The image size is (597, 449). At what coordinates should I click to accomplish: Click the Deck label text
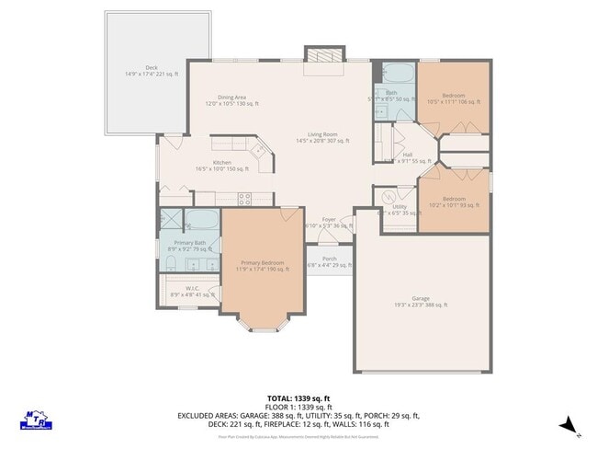click(152, 70)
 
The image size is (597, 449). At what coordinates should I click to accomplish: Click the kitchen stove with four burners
click(245, 197)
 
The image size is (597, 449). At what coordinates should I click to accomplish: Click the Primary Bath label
click(191, 245)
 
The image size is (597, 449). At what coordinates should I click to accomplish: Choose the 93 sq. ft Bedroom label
click(454, 201)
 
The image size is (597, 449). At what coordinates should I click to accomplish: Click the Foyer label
click(328, 222)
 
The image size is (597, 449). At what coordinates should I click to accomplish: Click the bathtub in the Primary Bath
click(204, 221)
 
